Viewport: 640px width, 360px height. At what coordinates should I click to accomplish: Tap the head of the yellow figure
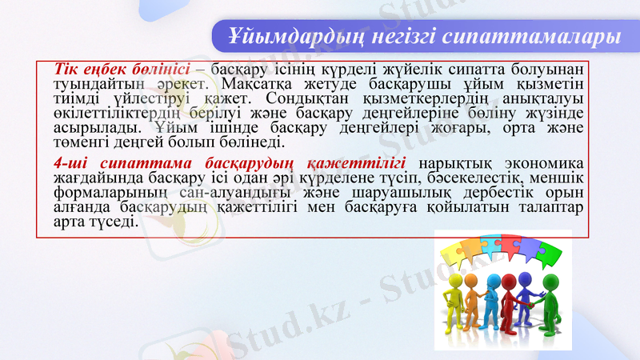click(x=457, y=280)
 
